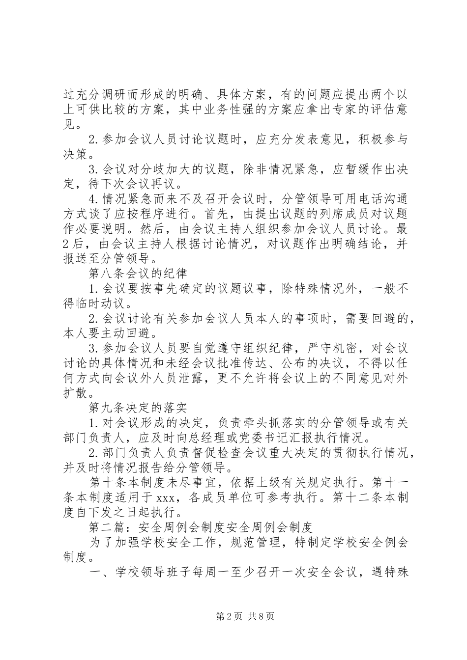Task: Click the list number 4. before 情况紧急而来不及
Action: pos(94,199)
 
